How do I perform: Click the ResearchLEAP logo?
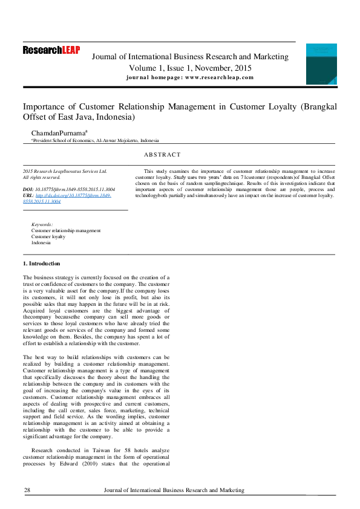tap(51, 51)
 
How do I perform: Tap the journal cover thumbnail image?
tap(321, 64)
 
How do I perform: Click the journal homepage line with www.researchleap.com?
tap(190, 77)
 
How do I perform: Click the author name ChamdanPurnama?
tap(60, 132)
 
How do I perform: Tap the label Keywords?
tap(42, 224)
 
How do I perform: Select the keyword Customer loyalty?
tap(48, 236)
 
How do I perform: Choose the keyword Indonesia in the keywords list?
tap(42, 242)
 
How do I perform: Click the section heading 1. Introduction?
tap(42, 264)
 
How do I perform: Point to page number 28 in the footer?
tap(27, 490)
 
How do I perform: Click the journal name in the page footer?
tap(174, 490)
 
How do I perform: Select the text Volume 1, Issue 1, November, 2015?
tap(190, 68)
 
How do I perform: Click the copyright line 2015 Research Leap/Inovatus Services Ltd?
tap(65, 171)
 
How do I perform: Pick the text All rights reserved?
tap(42, 177)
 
